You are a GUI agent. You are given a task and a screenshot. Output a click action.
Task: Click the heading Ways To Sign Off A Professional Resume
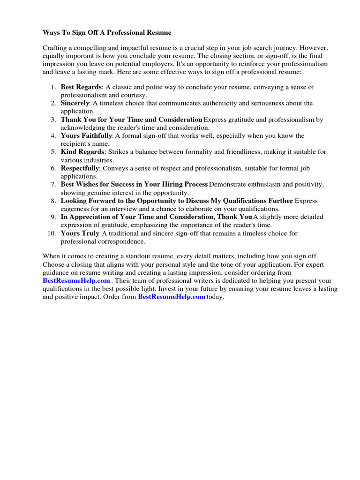(107, 32)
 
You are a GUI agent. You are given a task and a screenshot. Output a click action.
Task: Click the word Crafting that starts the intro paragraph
(56, 48)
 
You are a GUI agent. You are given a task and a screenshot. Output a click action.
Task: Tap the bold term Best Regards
(81, 87)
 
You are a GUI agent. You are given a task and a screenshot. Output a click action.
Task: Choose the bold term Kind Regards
(82, 152)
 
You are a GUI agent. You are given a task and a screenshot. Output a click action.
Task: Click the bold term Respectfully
(80, 168)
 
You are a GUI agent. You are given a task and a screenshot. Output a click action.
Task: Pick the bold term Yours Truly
(79, 233)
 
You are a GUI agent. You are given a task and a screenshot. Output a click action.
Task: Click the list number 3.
(53, 120)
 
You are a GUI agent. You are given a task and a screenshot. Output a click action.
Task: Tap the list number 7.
(53, 184)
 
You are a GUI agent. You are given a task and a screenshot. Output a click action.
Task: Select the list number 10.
(52, 233)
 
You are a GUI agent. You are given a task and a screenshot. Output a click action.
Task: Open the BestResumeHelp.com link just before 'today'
(172, 297)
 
